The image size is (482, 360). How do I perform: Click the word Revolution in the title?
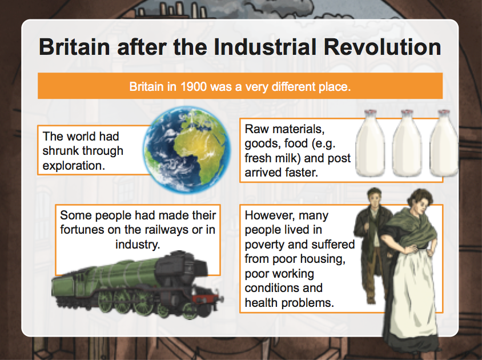pos(383,47)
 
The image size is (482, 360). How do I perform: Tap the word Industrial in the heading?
pos(265,47)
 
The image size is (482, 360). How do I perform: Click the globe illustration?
pos(187,150)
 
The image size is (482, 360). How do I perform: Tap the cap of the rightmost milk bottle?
pos(444,113)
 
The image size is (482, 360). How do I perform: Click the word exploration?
pos(74,166)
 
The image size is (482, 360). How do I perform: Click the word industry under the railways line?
pos(138,245)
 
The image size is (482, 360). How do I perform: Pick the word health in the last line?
pos(261,303)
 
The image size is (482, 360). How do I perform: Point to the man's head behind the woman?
pos(375,197)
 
